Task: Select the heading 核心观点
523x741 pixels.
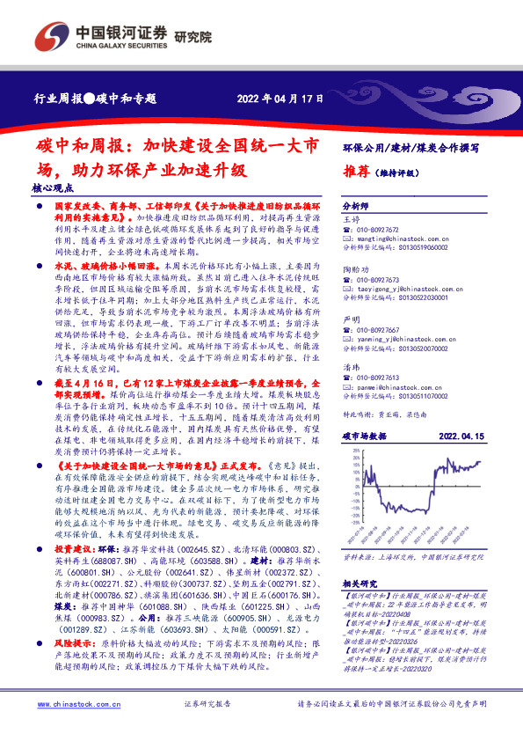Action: [50, 188]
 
